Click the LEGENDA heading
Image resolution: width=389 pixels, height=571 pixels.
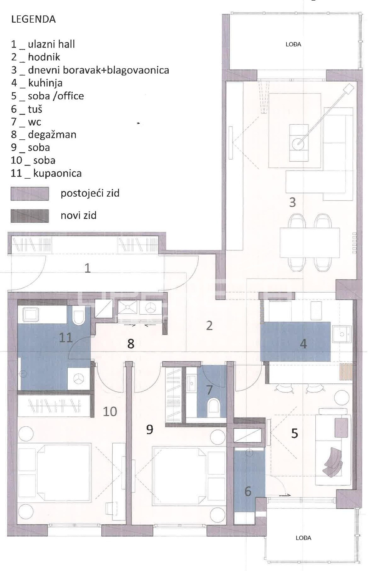point(33,20)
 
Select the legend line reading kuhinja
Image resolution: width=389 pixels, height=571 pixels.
point(37,83)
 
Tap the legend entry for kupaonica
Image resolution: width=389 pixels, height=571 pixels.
point(46,173)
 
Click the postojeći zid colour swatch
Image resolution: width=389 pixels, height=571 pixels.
point(30,194)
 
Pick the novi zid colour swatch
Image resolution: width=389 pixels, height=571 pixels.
point(30,216)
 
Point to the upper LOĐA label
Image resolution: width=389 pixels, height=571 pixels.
point(293,45)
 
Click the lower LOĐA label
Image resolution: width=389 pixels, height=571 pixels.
point(303,538)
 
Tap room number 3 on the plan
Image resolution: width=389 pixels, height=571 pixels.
point(292,203)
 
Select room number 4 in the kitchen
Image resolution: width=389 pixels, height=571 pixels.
point(303,344)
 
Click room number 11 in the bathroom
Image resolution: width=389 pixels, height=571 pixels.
point(66,338)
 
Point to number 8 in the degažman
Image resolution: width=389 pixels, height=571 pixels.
point(131,344)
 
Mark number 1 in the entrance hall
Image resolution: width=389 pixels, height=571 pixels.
point(87,268)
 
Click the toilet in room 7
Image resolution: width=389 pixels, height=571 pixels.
point(214,406)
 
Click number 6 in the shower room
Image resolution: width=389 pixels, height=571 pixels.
point(248,491)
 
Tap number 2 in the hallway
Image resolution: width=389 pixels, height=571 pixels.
point(209,326)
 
